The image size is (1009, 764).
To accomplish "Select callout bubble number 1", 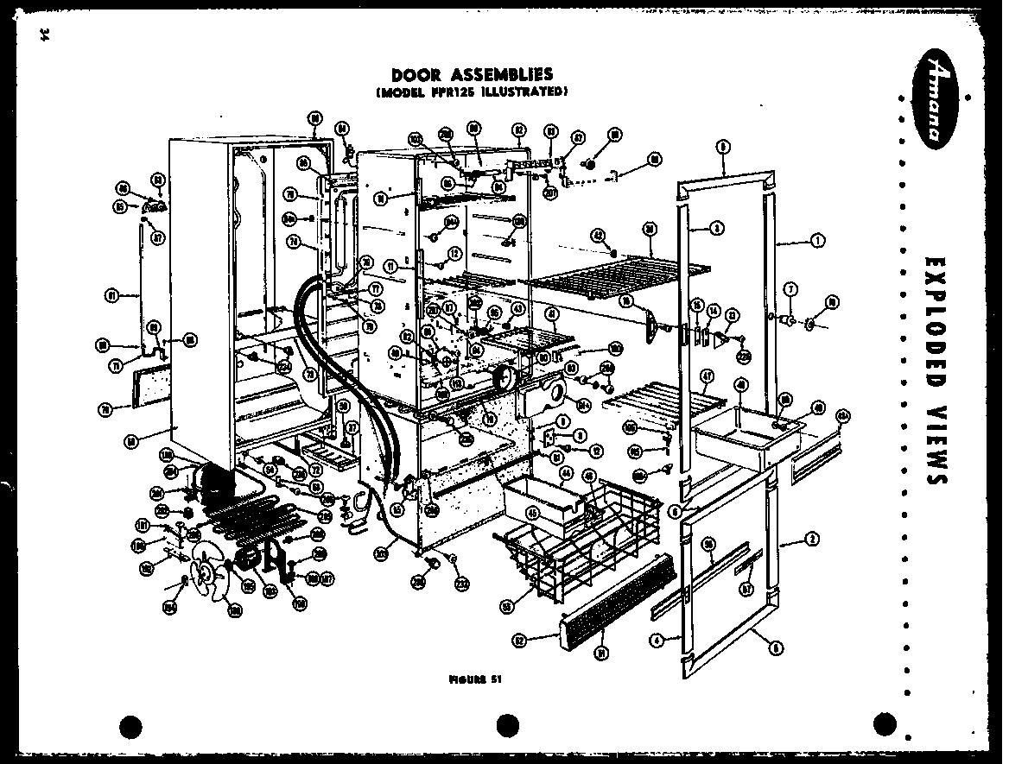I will (x=816, y=241).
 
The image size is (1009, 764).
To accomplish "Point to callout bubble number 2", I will (x=812, y=542).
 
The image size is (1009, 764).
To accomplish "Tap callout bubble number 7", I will (x=790, y=289).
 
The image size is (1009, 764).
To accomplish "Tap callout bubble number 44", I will (x=567, y=472).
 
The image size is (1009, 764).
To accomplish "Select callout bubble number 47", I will (x=708, y=375).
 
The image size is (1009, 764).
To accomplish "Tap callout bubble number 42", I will (x=597, y=234).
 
